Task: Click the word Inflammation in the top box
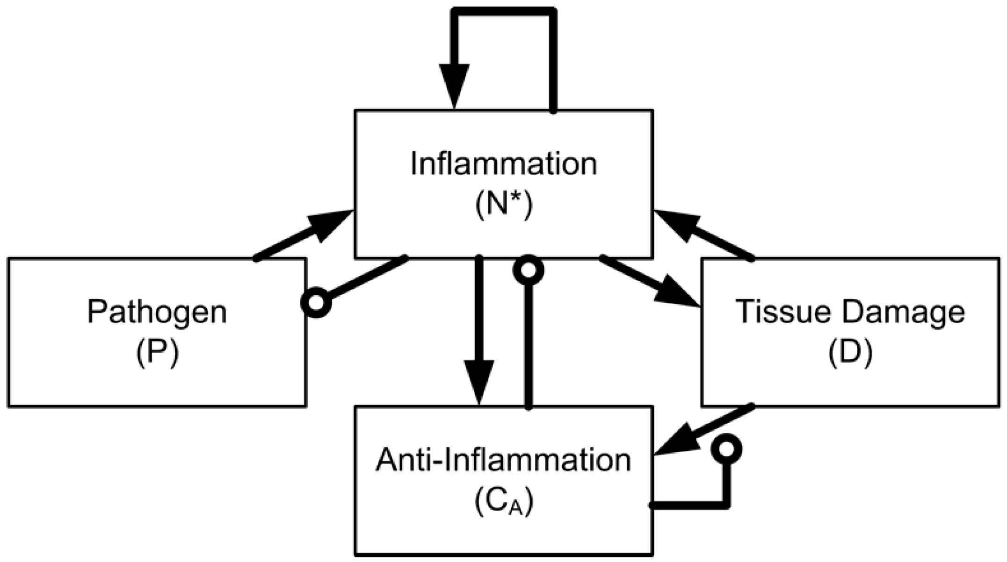click(x=504, y=164)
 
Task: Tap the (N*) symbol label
click(x=504, y=206)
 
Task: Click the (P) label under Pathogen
click(x=157, y=353)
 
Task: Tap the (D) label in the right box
click(x=850, y=353)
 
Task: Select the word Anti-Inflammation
click(x=503, y=460)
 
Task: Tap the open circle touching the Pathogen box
click(x=316, y=303)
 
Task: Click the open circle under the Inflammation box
click(x=528, y=270)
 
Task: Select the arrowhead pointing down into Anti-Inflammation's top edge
click(x=479, y=381)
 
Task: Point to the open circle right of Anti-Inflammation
click(x=726, y=449)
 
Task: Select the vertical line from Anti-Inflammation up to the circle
click(x=529, y=346)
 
